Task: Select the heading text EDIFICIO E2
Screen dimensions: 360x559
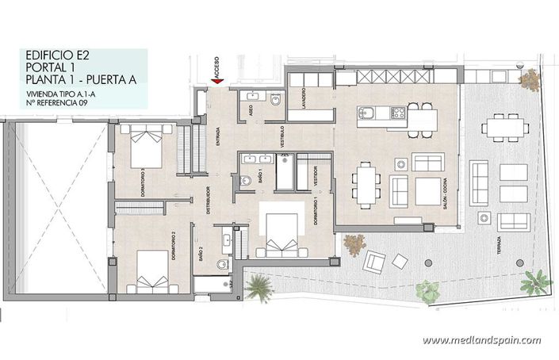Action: pos(53,56)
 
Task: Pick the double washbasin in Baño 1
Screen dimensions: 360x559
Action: pos(255,159)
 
